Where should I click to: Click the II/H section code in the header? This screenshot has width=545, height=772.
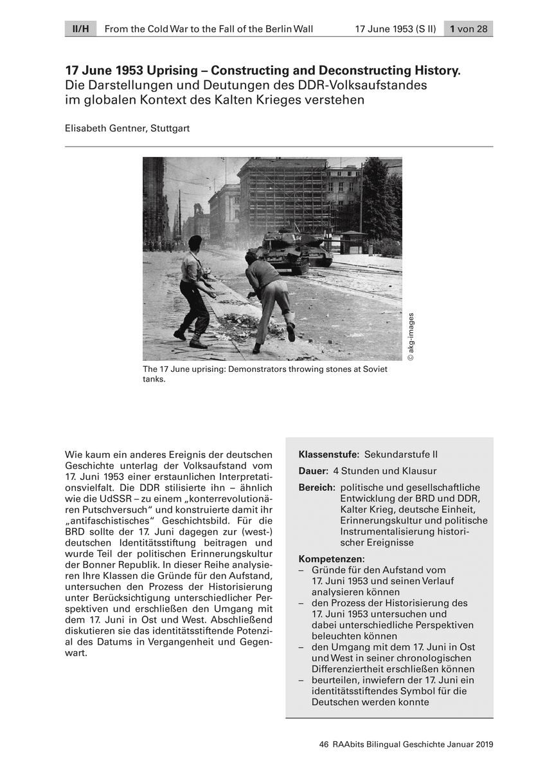point(80,29)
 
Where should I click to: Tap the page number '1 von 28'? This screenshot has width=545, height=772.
point(469,29)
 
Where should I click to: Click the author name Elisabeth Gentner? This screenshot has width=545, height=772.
point(105,128)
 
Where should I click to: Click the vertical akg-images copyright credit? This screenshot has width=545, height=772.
point(411,336)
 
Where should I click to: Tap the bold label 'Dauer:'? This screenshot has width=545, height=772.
point(314,471)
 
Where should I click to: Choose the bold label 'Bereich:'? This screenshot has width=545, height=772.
point(317,488)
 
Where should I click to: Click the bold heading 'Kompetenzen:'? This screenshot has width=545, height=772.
point(332,559)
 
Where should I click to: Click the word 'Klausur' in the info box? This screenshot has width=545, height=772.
point(419,471)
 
